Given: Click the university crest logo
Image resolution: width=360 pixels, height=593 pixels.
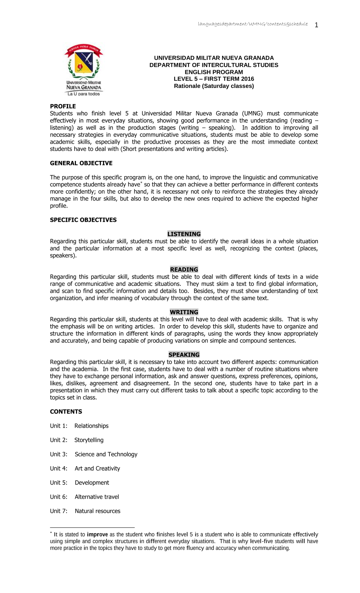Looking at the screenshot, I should [x=84, y=69].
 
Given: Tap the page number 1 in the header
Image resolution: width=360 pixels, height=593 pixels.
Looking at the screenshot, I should [x=316, y=25].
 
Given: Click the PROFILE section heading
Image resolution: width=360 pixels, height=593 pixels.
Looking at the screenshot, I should [x=63, y=106].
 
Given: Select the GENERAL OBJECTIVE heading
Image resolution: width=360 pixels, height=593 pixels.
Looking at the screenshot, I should [x=81, y=163].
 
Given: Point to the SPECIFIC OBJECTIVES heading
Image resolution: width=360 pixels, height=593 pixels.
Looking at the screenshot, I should [x=83, y=220].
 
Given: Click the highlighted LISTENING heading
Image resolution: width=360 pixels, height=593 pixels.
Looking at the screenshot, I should [x=184, y=234].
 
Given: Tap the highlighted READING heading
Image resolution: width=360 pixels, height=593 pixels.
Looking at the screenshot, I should [x=184, y=270].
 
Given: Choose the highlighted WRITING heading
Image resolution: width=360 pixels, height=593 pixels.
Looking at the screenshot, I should [x=184, y=312].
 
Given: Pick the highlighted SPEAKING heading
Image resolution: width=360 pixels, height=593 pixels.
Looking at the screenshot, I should [x=184, y=355].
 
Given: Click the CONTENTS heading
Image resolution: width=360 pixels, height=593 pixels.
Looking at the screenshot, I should [x=66, y=412].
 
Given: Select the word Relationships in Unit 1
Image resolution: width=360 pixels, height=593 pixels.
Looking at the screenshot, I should [x=91, y=426].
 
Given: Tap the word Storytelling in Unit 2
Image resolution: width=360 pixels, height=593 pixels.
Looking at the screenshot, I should [x=89, y=440].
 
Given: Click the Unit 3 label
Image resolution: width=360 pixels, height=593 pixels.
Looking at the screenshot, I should [x=59, y=454].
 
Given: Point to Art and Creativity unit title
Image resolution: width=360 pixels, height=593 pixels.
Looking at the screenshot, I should [x=97, y=468].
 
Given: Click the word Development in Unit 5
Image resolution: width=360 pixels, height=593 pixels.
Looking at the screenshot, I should [x=92, y=483].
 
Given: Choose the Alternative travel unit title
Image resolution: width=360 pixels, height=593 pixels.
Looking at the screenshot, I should [x=97, y=497].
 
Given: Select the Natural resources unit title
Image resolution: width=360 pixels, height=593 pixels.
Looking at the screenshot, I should [x=98, y=511].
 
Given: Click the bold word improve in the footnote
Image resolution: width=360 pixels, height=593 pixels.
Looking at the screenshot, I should [x=97, y=535].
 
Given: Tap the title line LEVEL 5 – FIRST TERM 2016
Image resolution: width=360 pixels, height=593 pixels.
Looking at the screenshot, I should [x=214, y=79].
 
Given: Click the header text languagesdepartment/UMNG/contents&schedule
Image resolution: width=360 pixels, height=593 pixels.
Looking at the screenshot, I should [x=253, y=24].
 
